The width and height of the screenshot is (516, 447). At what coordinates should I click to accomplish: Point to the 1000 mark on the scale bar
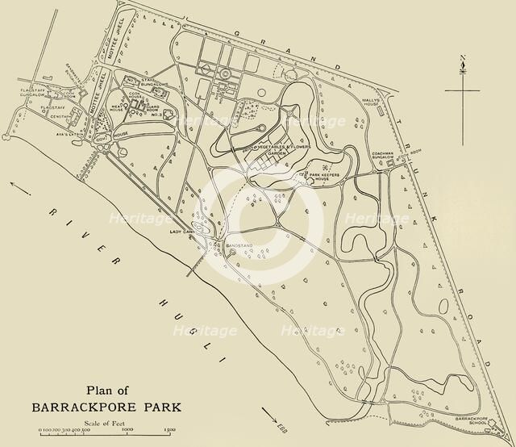pos(127,431)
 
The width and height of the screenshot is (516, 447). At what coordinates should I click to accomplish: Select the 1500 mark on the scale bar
pos(171,431)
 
